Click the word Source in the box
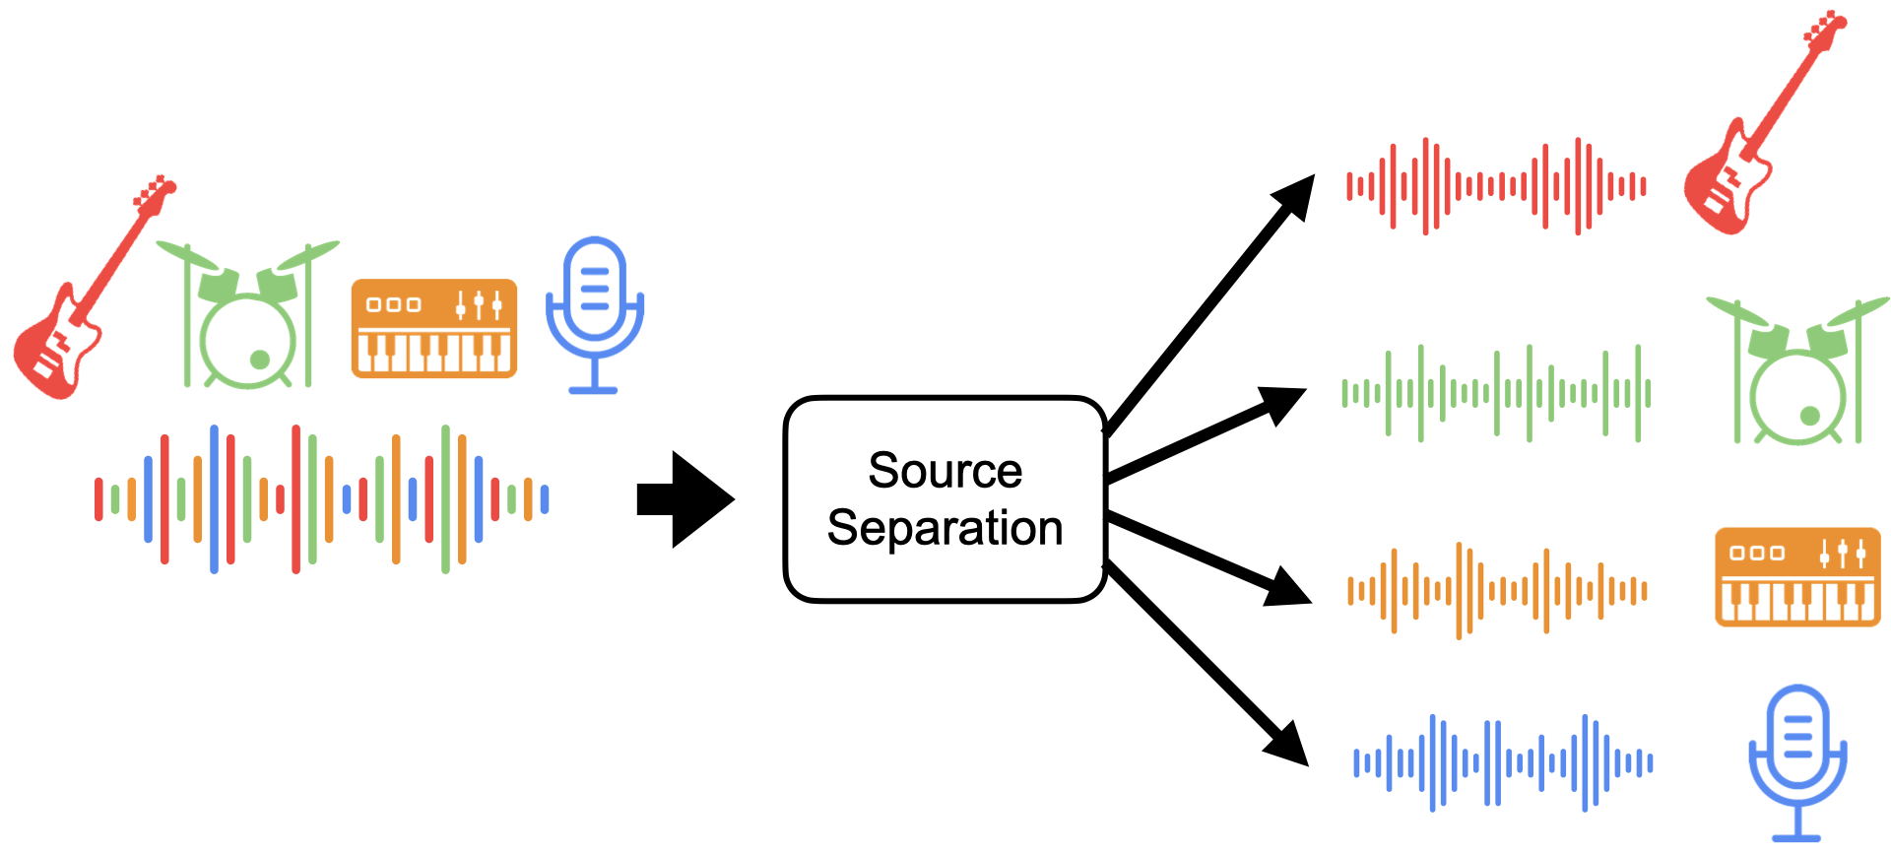[x=945, y=471]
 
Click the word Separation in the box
[x=945, y=528]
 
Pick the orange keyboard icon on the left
[x=433, y=328]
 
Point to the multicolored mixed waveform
[x=321, y=498]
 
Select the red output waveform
[x=1496, y=186]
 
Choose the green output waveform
[x=1496, y=393]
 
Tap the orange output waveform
[x=1497, y=590]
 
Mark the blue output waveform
[x=1503, y=762]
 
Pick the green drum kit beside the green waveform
[x=1796, y=374]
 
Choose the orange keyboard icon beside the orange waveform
[x=1797, y=577]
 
